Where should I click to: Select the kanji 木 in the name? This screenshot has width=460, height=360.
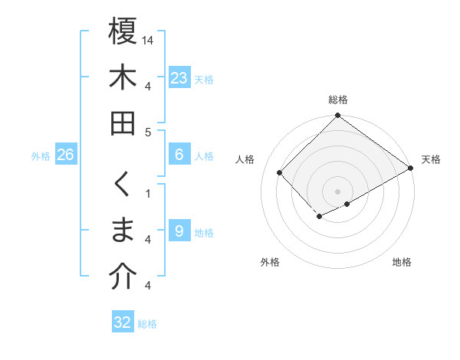[123, 78]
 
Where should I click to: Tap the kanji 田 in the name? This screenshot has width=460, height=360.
[123, 124]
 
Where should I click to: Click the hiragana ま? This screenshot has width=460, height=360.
[123, 231]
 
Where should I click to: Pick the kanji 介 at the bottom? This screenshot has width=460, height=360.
[123, 278]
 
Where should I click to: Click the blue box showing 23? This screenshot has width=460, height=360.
[179, 78]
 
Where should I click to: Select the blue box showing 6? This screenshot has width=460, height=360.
[179, 155]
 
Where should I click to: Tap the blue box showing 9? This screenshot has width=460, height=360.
[179, 231]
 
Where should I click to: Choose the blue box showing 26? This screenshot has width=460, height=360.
[65, 155]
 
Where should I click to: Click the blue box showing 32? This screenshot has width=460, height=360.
[123, 322]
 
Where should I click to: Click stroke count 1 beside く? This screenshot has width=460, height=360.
[148, 193]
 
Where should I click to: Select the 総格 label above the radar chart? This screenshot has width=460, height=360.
[338, 100]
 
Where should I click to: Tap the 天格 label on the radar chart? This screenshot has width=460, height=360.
[431, 159]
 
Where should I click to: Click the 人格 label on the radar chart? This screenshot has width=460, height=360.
[246, 159]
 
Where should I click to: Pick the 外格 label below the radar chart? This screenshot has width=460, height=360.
[270, 262]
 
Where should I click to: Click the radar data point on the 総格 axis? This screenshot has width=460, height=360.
[338, 116]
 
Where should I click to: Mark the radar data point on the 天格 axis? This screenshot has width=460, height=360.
[411, 168]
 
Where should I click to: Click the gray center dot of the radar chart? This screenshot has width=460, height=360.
[338, 191]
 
